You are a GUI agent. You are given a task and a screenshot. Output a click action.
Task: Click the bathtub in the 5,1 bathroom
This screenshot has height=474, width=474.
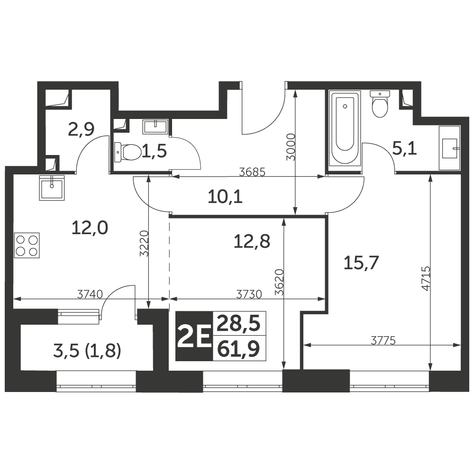point(345,128)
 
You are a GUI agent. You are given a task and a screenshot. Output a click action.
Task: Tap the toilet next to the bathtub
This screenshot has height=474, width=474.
point(380,104)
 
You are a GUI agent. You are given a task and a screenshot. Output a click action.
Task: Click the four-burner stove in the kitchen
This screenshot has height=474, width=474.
point(27,245)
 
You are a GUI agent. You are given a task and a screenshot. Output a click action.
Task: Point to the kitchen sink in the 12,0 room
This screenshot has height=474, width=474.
point(52,188)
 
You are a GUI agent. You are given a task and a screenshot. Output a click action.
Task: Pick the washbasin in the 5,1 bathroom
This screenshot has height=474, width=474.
point(450,148)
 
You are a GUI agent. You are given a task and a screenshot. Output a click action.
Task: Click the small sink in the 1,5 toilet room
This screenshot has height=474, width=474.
point(155,127)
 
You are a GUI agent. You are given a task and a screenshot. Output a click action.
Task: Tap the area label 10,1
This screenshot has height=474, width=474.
point(225,197)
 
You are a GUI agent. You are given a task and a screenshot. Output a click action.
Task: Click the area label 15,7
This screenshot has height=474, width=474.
point(361,263)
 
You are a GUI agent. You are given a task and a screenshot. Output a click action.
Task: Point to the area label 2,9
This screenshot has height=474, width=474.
point(81,129)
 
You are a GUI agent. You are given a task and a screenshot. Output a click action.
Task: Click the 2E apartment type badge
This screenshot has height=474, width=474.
point(194,336)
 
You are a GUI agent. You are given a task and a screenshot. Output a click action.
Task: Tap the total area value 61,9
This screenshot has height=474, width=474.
point(239,348)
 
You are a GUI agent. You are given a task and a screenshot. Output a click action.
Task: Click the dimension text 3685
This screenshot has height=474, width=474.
point(252,173)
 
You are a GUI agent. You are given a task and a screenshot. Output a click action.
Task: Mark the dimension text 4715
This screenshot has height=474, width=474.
point(426,278)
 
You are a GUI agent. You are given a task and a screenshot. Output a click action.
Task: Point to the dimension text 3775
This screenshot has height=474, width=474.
point(383,341)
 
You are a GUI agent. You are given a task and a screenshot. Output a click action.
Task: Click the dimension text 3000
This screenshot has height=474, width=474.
point(291,146)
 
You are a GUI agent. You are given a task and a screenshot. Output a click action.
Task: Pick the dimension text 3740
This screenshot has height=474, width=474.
point(90,294)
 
